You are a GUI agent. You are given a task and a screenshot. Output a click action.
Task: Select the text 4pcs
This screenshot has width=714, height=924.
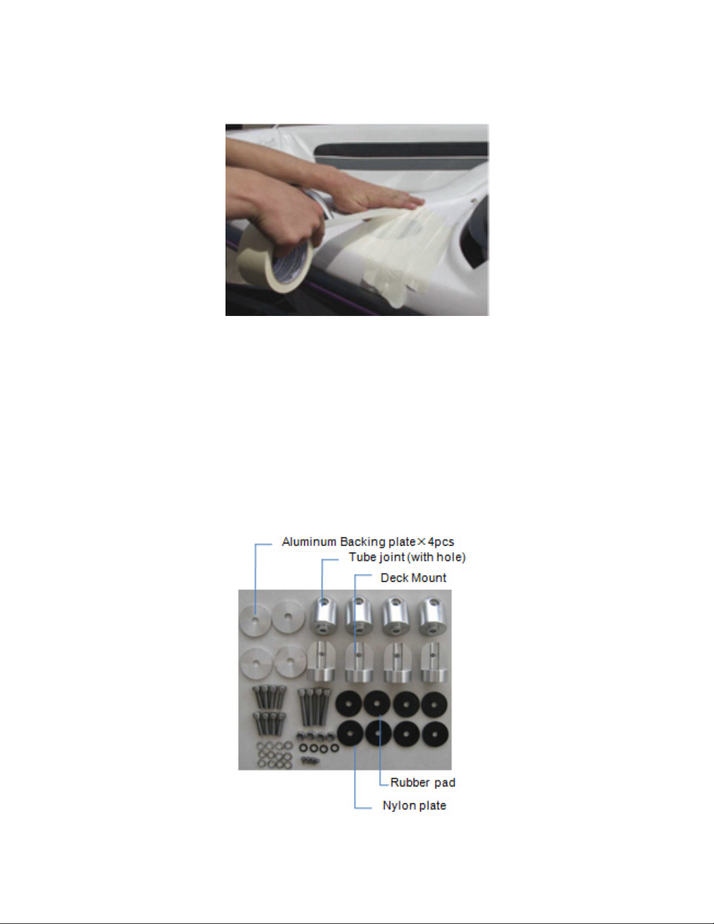point(441,542)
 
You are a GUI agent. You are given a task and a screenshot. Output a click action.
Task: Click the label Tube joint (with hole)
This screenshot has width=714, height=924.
point(407,557)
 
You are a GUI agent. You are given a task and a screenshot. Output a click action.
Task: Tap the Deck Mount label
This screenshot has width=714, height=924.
point(413,578)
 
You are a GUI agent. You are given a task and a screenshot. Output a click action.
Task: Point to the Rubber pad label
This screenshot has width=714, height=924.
point(423,782)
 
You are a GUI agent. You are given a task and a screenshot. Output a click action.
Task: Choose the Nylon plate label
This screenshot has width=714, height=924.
point(414,805)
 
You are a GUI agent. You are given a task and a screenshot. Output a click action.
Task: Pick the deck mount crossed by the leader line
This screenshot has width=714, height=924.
point(358,662)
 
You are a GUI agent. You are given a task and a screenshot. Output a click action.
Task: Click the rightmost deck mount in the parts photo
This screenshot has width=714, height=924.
point(434,662)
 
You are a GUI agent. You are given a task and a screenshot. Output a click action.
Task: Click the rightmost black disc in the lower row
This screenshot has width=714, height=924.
point(434,735)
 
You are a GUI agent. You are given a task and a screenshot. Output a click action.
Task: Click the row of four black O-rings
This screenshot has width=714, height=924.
point(319,747)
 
